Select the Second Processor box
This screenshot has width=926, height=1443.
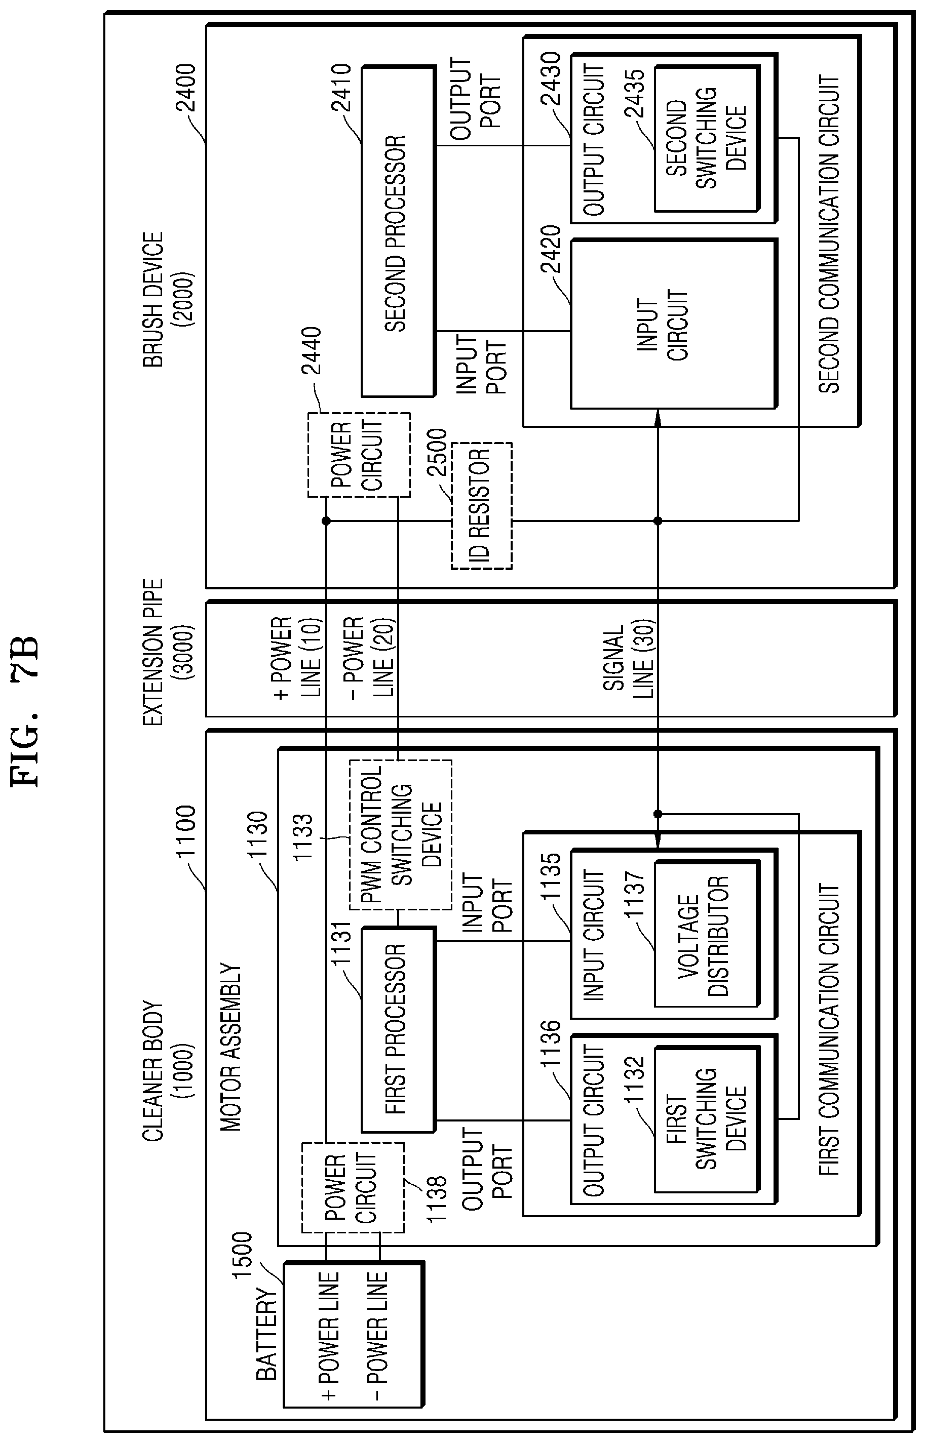click(x=398, y=232)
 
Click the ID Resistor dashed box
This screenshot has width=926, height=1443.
click(x=482, y=505)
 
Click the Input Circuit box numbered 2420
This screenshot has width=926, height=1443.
click(x=673, y=325)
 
